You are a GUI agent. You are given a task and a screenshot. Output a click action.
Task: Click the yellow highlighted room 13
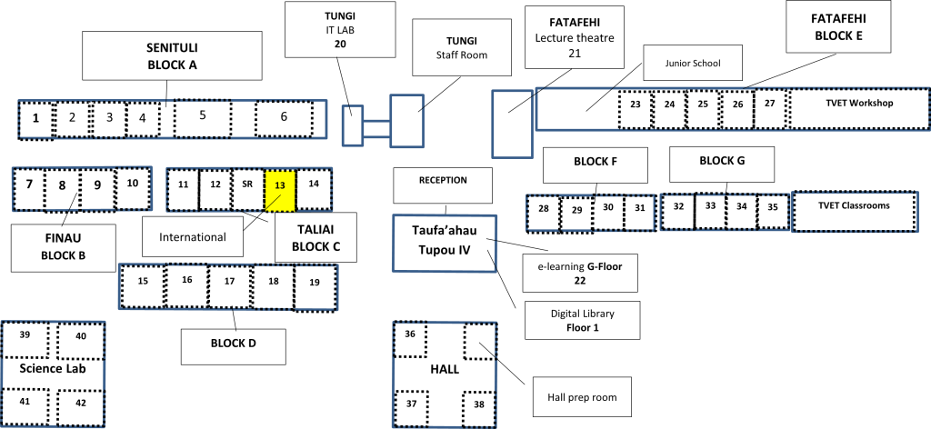tap(280, 190)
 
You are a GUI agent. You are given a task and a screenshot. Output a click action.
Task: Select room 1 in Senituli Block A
tap(35, 120)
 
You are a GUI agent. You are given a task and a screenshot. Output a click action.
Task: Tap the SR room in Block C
tap(247, 190)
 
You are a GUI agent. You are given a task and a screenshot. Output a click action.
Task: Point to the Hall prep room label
tap(581, 397)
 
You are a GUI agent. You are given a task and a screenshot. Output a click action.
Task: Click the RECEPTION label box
tap(443, 185)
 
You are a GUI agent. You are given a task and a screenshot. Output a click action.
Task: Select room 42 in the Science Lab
tap(81, 407)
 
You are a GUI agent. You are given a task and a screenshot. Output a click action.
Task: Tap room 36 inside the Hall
tap(410, 339)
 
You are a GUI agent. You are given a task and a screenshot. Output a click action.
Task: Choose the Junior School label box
tap(692, 63)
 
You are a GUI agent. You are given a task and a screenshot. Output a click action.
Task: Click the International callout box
tap(193, 236)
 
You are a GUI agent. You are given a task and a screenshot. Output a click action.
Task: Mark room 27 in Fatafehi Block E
tap(770, 109)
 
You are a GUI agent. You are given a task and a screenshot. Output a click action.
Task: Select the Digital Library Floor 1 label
tap(583, 321)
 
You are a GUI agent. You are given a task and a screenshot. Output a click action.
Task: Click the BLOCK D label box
tap(234, 347)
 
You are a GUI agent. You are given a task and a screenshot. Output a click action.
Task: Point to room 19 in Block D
tap(315, 288)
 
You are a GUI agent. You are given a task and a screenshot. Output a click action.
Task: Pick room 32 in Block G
tap(678, 212)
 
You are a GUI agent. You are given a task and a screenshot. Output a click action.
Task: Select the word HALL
tap(445, 370)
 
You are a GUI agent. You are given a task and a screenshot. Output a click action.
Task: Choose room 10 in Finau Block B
tap(133, 189)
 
